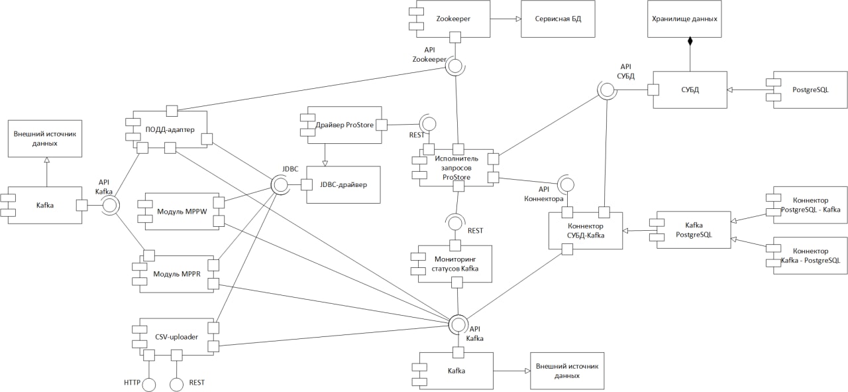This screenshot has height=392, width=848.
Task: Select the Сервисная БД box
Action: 558,19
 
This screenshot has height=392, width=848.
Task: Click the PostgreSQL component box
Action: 810,90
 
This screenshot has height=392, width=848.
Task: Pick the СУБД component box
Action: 690,90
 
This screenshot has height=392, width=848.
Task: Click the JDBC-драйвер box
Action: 343,184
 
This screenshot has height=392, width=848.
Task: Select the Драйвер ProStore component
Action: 344,125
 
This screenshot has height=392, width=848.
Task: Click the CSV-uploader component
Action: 177,336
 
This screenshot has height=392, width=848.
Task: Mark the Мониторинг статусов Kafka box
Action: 455,264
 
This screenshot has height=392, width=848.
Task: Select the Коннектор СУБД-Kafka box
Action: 586,231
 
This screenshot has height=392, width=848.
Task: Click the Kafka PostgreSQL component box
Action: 693,230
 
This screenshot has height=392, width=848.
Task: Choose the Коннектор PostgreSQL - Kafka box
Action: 810,204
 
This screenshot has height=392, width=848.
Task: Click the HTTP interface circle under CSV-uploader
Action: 149,384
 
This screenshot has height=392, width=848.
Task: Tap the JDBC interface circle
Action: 280,185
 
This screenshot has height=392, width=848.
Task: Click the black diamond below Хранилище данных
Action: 690,42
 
